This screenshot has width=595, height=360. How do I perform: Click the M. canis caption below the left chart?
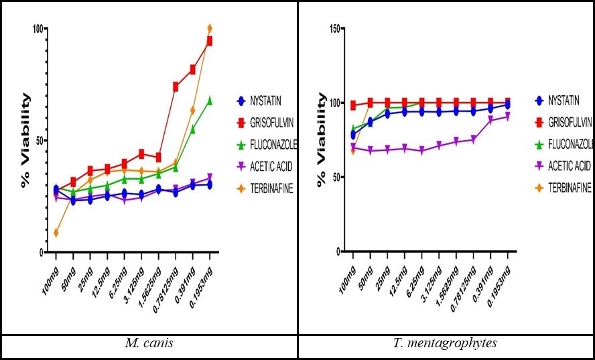[x=149, y=344]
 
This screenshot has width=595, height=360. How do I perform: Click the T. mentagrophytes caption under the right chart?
[x=446, y=344]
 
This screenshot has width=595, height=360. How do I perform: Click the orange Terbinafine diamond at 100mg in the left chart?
[x=56, y=233]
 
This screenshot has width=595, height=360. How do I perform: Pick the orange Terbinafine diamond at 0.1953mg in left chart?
[x=210, y=29]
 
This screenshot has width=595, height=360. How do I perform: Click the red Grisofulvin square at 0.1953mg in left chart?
[x=210, y=41]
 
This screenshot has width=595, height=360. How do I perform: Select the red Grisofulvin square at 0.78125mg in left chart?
[x=176, y=86]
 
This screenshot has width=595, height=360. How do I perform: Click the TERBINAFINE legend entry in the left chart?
[x=266, y=188]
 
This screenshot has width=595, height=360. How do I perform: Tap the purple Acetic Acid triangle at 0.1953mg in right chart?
[x=507, y=117]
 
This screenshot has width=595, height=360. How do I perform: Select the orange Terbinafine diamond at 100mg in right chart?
[x=353, y=151]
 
